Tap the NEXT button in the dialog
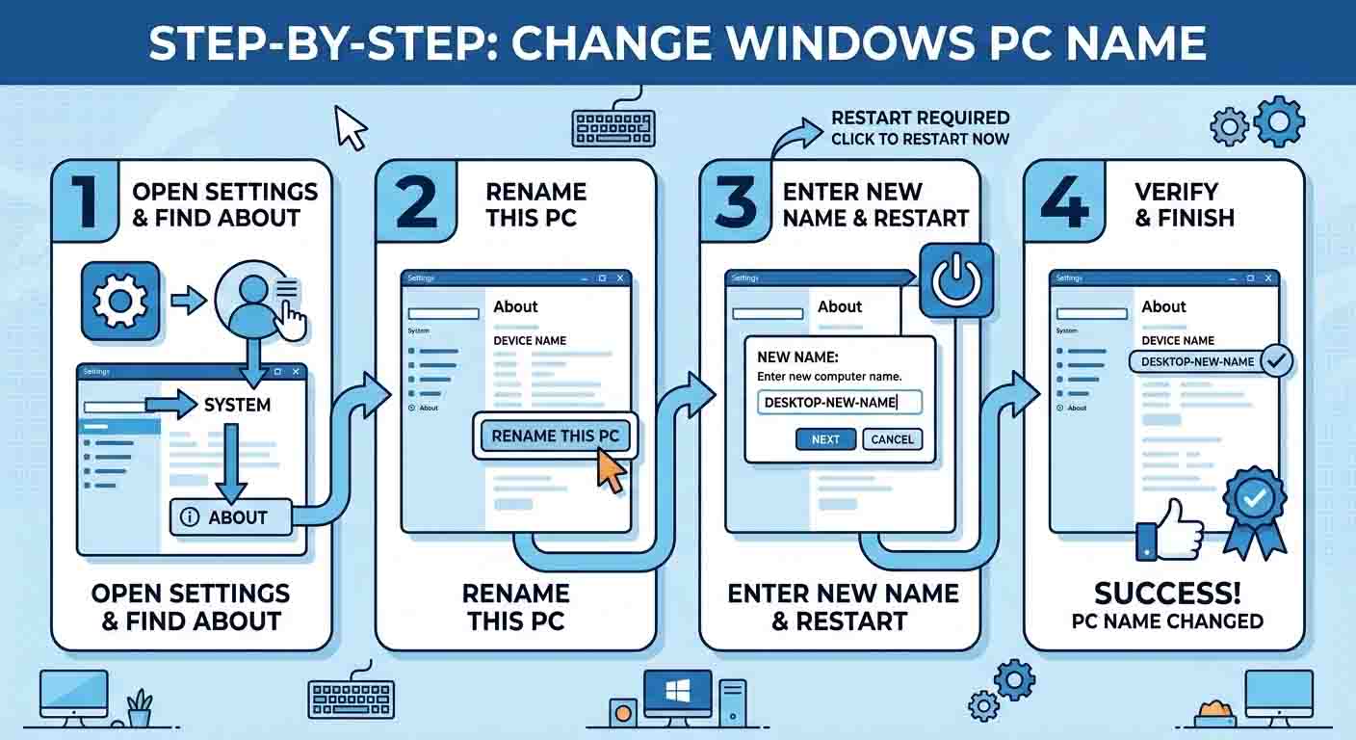(825, 439)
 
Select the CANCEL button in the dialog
(892, 439)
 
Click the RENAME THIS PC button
(555, 436)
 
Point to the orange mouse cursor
(611, 471)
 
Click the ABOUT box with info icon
(231, 517)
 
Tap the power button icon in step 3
(956, 280)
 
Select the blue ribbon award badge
(1254, 508)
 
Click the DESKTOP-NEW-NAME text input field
(839, 402)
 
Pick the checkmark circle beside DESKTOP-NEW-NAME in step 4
(1277, 361)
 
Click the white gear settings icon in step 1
(120, 301)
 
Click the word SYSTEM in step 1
(237, 405)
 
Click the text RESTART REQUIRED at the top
(920, 119)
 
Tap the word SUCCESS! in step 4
(1166, 592)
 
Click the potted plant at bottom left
(140, 708)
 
